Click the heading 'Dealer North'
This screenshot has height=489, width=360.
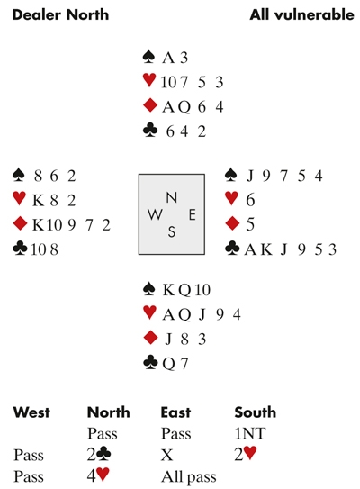(60, 14)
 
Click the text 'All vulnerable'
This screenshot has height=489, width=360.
(301, 14)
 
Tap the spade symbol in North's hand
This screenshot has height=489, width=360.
(149, 57)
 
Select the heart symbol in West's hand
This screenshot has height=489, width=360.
(19, 199)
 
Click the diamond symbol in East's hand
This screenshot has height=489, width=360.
(232, 223)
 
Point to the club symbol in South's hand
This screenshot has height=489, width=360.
(150, 363)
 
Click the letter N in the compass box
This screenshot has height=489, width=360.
(172, 198)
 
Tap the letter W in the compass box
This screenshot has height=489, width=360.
(155, 214)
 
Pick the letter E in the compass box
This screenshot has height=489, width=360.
(192, 215)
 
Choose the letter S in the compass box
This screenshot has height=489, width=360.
(172, 231)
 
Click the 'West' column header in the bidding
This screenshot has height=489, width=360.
(31, 412)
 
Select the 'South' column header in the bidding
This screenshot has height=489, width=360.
(256, 412)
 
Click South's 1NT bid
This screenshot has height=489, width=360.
(249, 433)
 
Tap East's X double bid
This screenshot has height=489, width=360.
(166, 455)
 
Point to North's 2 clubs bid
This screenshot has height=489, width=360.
(99, 455)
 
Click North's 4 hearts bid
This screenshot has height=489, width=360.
(98, 476)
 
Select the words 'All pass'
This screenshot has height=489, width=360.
(189, 477)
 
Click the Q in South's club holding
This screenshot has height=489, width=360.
(168, 364)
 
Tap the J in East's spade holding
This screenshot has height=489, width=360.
(249, 176)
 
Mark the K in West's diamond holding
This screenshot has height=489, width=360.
(38, 224)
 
